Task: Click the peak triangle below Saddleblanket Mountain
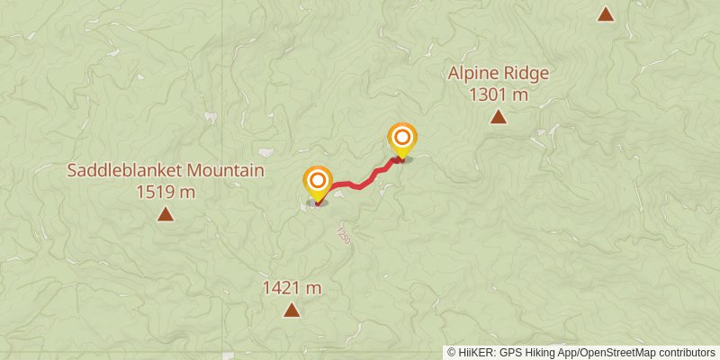pos(166,214)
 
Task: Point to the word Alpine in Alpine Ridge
pos(475,74)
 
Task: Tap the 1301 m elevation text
pos(498,93)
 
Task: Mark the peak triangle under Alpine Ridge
pos(498,116)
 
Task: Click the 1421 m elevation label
pos(292,288)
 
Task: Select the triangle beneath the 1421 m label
pos(292,310)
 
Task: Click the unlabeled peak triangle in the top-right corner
pos(606,13)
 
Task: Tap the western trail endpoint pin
pos(317,183)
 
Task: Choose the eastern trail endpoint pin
pos(402,139)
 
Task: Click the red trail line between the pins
pos(360,184)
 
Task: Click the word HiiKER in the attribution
pos(473,352)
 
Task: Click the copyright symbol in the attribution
pos(451,352)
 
